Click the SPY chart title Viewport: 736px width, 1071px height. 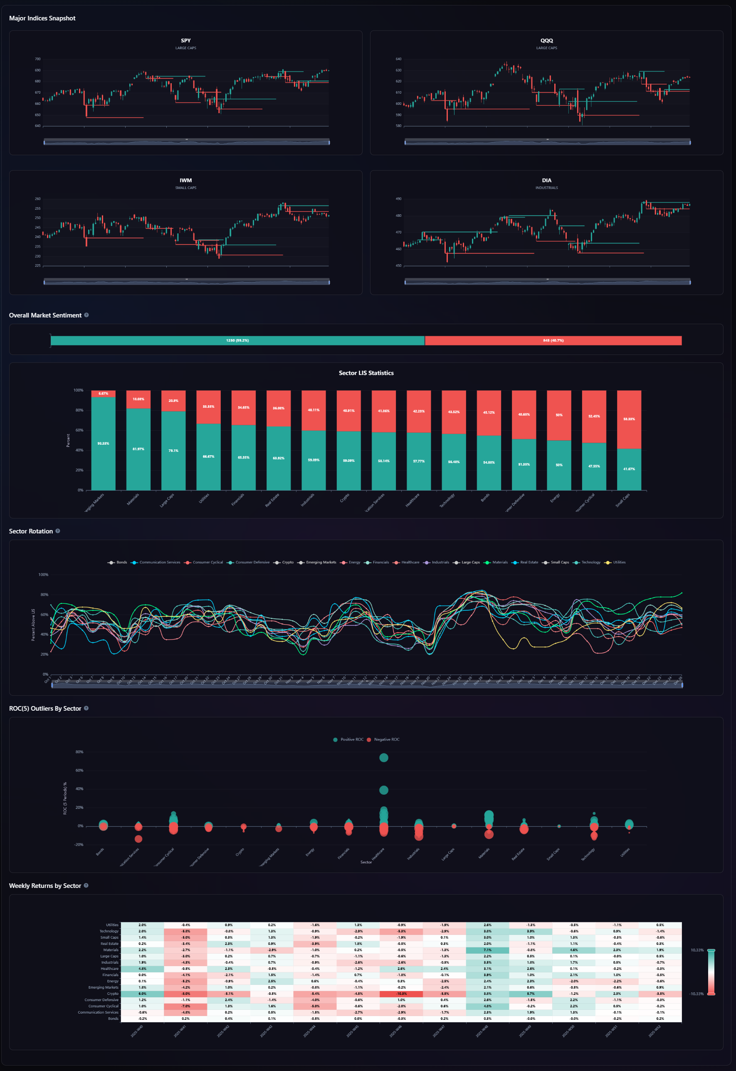point(185,41)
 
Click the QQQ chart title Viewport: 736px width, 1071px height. point(546,41)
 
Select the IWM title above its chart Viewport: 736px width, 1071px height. point(185,181)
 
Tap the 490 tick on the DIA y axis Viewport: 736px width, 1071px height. point(398,199)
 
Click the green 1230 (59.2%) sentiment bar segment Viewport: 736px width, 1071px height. point(237,340)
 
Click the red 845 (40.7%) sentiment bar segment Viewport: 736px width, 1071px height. point(553,340)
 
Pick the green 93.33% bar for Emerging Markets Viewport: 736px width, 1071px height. point(103,443)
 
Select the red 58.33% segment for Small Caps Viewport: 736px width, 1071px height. point(629,419)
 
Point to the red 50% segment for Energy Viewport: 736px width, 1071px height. point(558,415)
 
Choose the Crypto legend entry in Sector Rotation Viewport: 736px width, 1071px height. point(287,562)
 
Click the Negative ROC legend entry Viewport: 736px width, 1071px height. point(386,739)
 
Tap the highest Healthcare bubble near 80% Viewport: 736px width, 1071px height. point(383,757)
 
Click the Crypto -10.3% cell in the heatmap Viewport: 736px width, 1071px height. point(401,994)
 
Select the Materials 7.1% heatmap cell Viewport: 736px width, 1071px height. point(487,950)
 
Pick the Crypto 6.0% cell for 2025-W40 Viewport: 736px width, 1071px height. point(142,994)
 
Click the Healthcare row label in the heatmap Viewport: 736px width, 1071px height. point(109,969)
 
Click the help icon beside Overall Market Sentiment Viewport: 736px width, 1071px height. point(86,315)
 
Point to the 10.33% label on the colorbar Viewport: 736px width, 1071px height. point(697,950)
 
